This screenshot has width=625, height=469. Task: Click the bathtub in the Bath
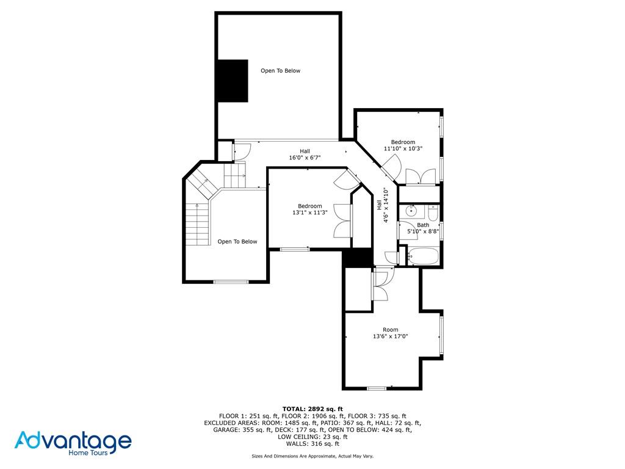click(423, 256)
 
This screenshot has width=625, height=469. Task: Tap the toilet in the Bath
click(433, 213)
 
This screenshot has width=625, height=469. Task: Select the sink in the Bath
click(412, 212)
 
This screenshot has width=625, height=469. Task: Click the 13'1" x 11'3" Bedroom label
click(309, 209)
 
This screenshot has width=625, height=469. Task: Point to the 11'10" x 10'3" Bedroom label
click(403, 145)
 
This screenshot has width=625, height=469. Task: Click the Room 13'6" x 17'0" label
click(390, 333)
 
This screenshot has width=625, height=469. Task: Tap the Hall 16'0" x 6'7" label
click(305, 155)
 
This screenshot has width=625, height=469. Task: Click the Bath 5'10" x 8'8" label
click(423, 228)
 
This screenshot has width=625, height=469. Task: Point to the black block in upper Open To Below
click(233, 81)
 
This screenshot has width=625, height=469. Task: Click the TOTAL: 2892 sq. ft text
click(312, 409)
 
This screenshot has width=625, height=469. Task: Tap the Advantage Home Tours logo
click(73, 443)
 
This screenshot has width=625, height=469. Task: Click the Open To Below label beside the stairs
click(237, 242)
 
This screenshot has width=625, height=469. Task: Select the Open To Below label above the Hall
click(280, 71)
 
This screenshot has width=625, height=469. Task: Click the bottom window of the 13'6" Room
click(377, 388)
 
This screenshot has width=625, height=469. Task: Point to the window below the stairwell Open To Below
click(231, 282)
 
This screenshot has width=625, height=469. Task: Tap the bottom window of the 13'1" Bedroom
click(295, 249)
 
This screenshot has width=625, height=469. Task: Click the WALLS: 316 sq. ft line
click(312, 443)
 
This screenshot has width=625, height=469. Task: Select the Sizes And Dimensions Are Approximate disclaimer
click(312, 456)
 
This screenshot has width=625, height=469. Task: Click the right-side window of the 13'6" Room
click(441, 335)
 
